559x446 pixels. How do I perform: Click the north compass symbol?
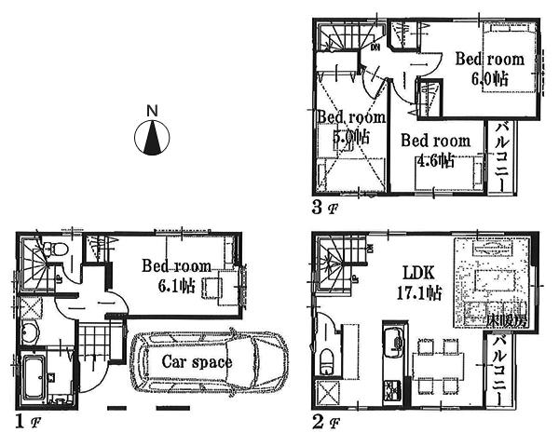pyautogui.click(x=152, y=138)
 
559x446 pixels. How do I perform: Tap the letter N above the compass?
pyautogui.click(x=152, y=110)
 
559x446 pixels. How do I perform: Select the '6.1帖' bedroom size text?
pyautogui.click(x=182, y=285)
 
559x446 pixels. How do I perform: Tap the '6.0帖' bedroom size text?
pyautogui.click(x=489, y=78)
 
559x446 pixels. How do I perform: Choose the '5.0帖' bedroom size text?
pyautogui.click(x=351, y=137)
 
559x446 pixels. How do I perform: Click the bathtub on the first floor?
pyautogui.click(x=34, y=377)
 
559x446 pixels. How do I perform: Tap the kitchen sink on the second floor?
pyautogui.click(x=391, y=336)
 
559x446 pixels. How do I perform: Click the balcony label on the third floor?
pyautogui.click(x=501, y=155)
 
